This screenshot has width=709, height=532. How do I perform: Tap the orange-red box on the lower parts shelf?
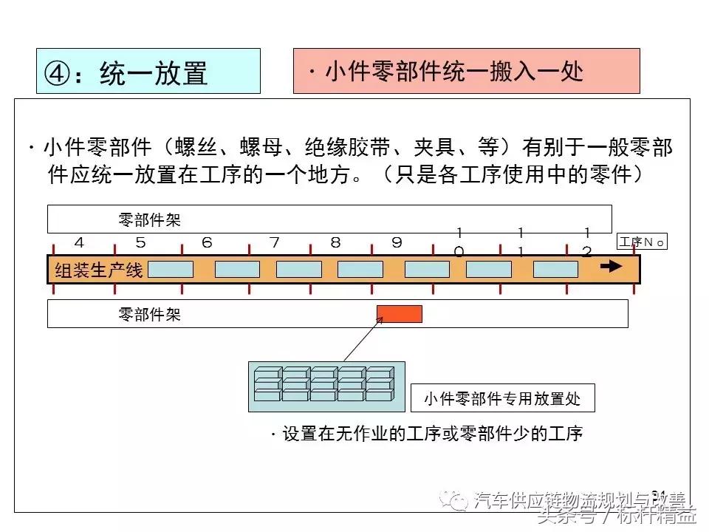click(x=400, y=314)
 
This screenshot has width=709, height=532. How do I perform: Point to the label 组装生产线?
click(x=99, y=270)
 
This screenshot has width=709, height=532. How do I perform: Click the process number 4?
click(x=79, y=243)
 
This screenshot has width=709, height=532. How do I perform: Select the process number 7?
click(x=275, y=243)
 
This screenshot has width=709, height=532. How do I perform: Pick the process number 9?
click(x=397, y=243)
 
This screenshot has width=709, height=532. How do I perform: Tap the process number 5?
click(x=140, y=243)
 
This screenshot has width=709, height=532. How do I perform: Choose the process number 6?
click(x=208, y=243)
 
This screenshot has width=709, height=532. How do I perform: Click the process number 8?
click(x=335, y=243)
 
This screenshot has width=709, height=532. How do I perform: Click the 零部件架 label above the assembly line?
click(x=149, y=219)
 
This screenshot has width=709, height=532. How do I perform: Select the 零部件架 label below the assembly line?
click(x=149, y=315)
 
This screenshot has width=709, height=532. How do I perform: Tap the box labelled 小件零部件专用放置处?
click(x=502, y=399)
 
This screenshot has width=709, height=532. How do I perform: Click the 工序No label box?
click(x=642, y=242)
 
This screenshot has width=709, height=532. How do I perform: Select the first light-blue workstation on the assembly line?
click(x=171, y=269)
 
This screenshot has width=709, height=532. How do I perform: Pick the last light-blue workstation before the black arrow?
click(x=555, y=269)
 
